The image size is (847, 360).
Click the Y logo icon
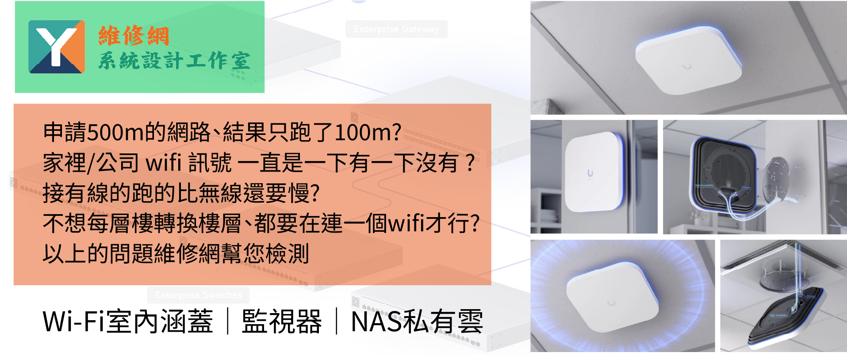[x=57, y=46]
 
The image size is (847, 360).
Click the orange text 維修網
[x=134, y=36]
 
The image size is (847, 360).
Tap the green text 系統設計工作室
[x=174, y=61]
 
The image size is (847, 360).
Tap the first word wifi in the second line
[x=164, y=162]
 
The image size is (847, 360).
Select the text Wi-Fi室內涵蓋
[x=128, y=322]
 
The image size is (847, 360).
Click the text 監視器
[x=282, y=322]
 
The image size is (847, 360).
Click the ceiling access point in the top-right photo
[x=688, y=60]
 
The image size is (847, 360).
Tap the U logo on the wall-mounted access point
[x=590, y=173]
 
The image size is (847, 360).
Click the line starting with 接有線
[x=181, y=193]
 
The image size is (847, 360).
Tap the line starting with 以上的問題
[x=176, y=254]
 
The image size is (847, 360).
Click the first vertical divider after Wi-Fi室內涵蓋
[x=228, y=322]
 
